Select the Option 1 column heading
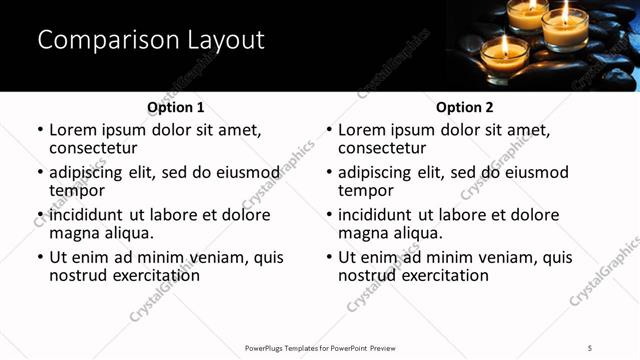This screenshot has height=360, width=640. (x=176, y=107)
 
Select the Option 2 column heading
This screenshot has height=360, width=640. (x=465, y=107)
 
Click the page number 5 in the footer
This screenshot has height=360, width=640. (x=590, y=347)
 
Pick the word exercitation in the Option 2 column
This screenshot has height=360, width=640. (x=442, y=274)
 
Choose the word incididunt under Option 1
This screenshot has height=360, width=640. (x=86, y=215)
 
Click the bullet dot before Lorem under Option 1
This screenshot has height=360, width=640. (x=40, y=131)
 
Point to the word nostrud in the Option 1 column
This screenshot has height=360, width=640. (x=79, y=274)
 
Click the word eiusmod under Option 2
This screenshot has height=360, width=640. (x=533, y=172)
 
